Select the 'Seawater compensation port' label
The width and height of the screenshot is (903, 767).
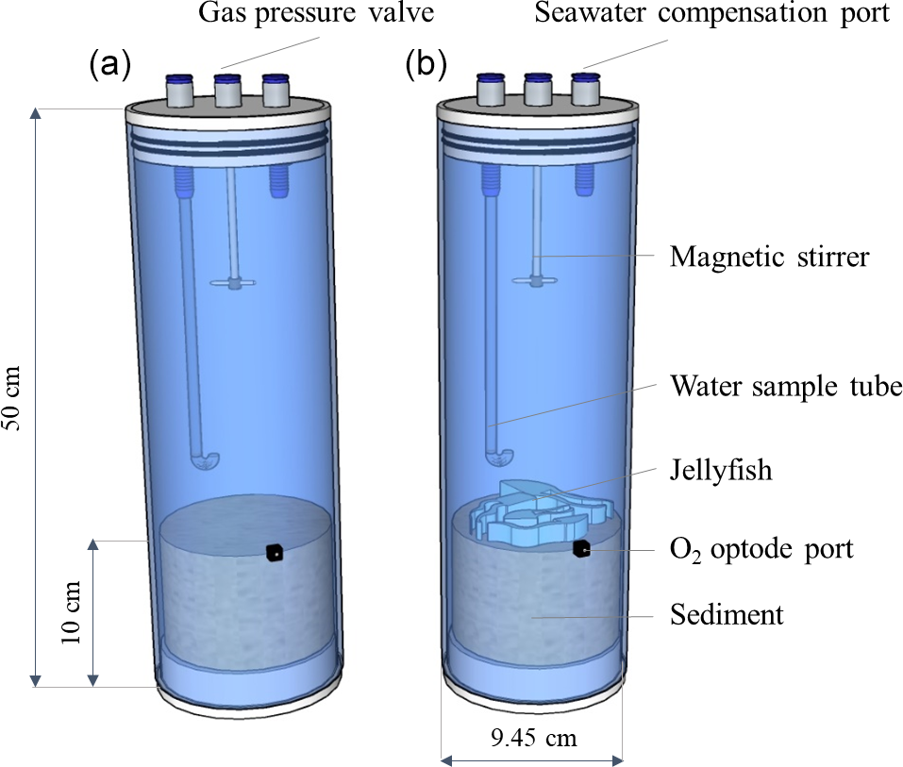coord(713,15)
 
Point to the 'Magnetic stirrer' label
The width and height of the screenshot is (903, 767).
coord(768,256)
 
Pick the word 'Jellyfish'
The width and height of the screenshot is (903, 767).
coord(721,470)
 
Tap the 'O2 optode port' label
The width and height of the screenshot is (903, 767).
coord(761,548)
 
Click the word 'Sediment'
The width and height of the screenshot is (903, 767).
coord(727,615)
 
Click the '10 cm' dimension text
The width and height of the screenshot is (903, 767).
coord(72,613)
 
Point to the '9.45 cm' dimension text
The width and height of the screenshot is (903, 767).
coord(532,737)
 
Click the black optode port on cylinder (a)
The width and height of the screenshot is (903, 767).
coord(274,553)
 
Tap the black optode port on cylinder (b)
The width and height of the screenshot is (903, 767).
coord(582,549)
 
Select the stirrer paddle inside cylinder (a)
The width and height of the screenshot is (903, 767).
coord(232,281)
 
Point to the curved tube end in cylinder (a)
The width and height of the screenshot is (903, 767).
coord(205,459)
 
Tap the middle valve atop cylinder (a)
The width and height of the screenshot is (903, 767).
coord(227,92)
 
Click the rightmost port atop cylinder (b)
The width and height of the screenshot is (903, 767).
coord(585,90)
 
